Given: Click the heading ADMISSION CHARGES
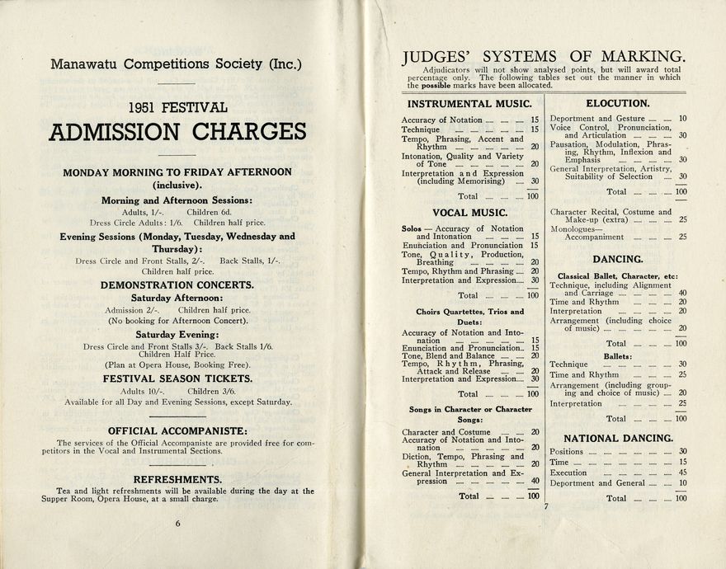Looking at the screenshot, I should coord(177,132).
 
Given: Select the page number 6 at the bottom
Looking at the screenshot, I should coord(177,523).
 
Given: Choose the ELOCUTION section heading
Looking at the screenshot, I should coord(617,104).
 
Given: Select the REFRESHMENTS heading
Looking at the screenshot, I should coord(177,479).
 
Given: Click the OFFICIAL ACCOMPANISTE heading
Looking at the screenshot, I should coord(177,430).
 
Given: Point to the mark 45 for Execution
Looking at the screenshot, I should coord(682,473).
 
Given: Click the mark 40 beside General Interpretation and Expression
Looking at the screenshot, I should coord(534,482).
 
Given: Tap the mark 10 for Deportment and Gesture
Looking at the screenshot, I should coord(682,119).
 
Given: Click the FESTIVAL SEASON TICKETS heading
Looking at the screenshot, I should coord(177,379).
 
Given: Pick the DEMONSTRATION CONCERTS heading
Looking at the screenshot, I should coord(177,285).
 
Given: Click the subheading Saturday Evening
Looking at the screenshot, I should coord(177,334).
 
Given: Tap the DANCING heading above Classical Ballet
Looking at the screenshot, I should coord(618,259).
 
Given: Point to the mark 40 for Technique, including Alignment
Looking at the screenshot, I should coord(682,293).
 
